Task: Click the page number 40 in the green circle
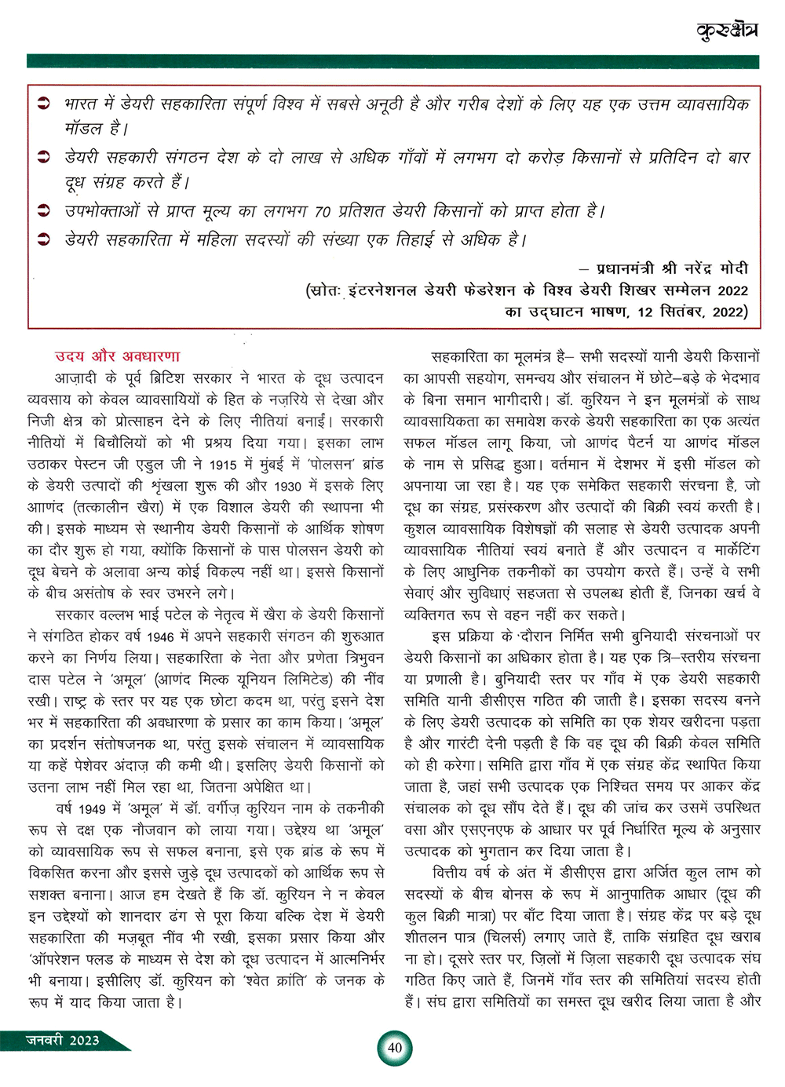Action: [395, 1048]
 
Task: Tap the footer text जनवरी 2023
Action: [63, 1040]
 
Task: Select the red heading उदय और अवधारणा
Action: [117, 356]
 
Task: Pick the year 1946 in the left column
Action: [162, 637]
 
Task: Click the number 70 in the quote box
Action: [322, 212]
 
